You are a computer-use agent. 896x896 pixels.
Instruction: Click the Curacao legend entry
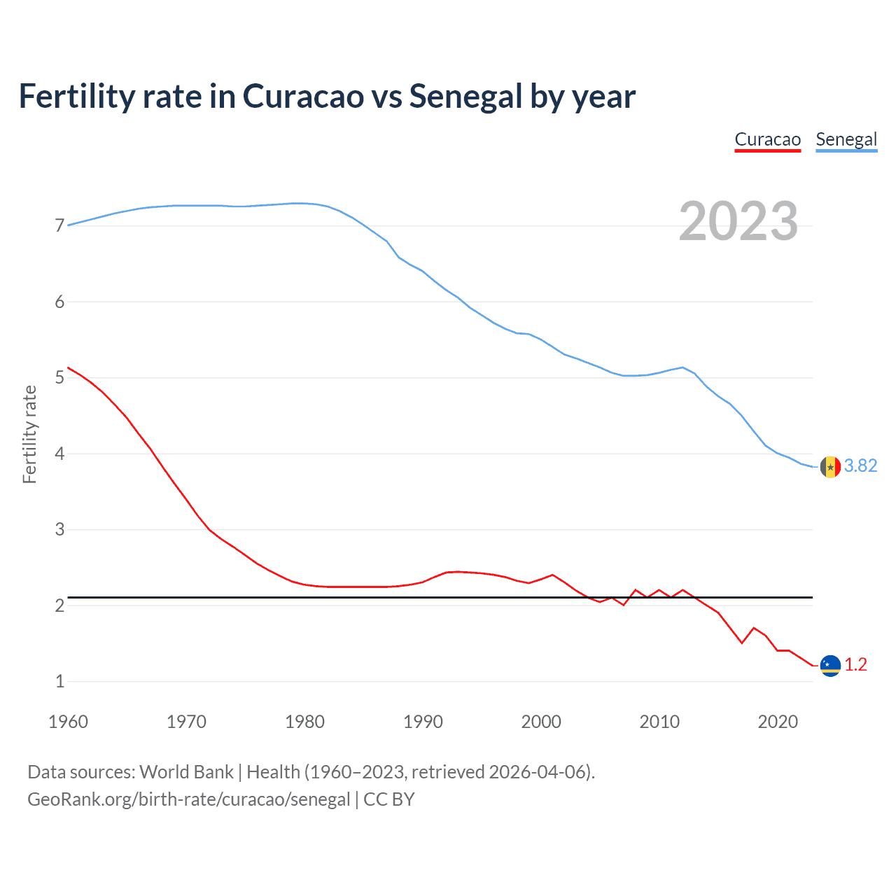pyautogui.click(x=767, y=139)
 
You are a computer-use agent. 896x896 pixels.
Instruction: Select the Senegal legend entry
pyautogui.click(x=846, y=139)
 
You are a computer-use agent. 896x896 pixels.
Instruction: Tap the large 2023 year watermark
pyautogui.click(x=738, y=221)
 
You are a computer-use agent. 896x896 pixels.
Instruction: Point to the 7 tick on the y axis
pyautogui.click(x=59, y=225)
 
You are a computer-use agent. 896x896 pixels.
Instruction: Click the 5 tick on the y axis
pyautogui.click(x=59, y=378)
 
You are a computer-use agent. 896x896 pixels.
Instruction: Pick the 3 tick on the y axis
pyautogui.click(x=59, y=529)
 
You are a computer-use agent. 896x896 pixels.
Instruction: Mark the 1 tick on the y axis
pyautogui.click(x=59, y=681)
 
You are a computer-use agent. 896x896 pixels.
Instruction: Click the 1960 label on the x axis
pyautogui.click(x=68, y=722)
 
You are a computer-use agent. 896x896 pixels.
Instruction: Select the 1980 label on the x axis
pyautogui.click(x=304, y=722)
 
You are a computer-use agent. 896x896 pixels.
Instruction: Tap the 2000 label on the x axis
pyautogui.click(x=541, y=722)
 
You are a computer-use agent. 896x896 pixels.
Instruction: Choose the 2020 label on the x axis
pyautogui.click(x=778, y=722)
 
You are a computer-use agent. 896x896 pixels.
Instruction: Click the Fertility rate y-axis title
pyautogui.click(x=29, y=434)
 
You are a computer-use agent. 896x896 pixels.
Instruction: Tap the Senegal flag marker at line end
pyautogui.click(x=830, y=466)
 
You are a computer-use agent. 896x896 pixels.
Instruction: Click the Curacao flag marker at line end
pyautogui.click(x=830, y=666)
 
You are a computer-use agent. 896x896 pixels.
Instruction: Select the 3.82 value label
pyautogui.click(x=860, y=466)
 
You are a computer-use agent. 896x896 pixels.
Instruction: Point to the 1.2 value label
pyautogui.click(x=855, y=665)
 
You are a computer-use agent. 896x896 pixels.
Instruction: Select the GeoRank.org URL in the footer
pyautogui.click(x=188, y=799)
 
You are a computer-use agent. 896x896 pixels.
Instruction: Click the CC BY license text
pyautogui.click(x=388, y=799)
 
